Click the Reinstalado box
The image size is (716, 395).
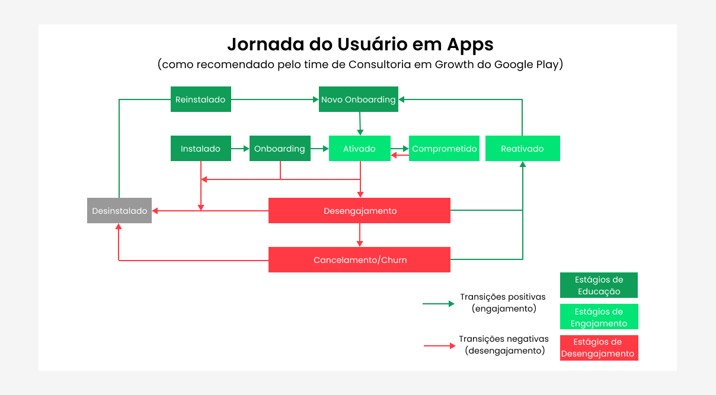pyautogui.click(x=200, y=99)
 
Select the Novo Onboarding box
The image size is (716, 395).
pyautogui.click(x=358, y=99)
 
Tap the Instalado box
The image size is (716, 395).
pyautogui.click(x=200, y=149)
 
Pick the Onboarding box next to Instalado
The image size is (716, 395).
pyautogui.click(x=279, y=149)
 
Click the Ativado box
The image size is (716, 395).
pyautogui.click(x=359, y=149)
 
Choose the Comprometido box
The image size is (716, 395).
pyautogui.click(x=444, y=149)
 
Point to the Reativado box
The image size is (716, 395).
pyautogui.click(x=522, y=149)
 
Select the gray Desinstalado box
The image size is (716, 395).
pyautogui.click(x=119, y=211)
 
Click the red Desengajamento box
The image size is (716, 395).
pyautogui.click(x=359, y=211)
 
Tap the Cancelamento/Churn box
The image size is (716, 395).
pyautogui.click(x=359, y=260)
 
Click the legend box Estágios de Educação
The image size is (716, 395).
pyautogui.click(x=599, y=285)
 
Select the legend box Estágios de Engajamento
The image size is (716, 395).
pyautogui.click(x=599, y=317)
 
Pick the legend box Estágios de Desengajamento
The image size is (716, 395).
pyautogui.click(x=599, y=348)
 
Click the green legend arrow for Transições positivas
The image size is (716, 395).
pyautogui.click(x=439, y=303)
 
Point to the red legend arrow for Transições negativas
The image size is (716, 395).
pyautogui.click(x=439, y=345)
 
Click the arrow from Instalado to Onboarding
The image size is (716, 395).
pyautogui.click(x=240, y=149)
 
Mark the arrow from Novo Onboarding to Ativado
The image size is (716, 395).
pyautogui.click(x=360, y=124)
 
